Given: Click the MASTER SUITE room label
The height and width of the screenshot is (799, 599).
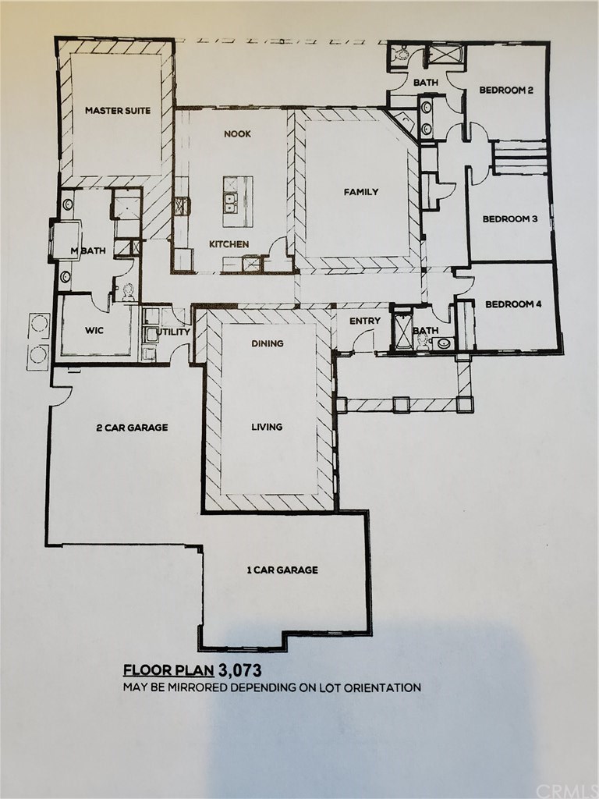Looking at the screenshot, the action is tap(118, 110).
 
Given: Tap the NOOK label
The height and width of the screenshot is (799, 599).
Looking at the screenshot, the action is tap(237, 134).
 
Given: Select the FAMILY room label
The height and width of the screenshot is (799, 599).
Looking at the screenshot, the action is tap(360, 192).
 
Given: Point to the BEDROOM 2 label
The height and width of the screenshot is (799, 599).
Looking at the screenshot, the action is tap(505, 91).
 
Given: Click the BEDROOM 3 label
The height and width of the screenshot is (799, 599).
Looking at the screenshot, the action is tap(510, 219).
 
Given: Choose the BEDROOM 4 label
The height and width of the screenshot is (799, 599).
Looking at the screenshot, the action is tap(513, 304).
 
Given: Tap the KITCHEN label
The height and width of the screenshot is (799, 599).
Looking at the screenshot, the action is tap(229, 244).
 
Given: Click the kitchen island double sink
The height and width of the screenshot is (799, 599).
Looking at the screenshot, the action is tap(231, 201).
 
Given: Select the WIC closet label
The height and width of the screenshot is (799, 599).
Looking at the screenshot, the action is tap(94, 330).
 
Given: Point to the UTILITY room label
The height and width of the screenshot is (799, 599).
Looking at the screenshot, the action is tap(174, 332).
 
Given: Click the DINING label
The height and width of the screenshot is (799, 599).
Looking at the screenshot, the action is tap(267, 343).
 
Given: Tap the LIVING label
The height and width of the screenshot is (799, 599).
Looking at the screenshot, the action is tap(267, 427).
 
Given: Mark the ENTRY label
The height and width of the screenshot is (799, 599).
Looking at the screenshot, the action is tap(365, 321).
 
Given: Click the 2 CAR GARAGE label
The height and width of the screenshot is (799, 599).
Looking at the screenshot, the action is tap(132, 428).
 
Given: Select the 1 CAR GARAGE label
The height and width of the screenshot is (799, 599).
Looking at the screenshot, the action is tap(282, 570).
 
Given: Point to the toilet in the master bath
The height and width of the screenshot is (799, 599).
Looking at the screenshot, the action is tap(128, 292).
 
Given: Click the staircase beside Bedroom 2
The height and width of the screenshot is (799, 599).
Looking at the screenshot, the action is tap(519, 158).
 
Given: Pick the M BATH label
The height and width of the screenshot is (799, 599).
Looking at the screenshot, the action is tap(88, 250).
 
